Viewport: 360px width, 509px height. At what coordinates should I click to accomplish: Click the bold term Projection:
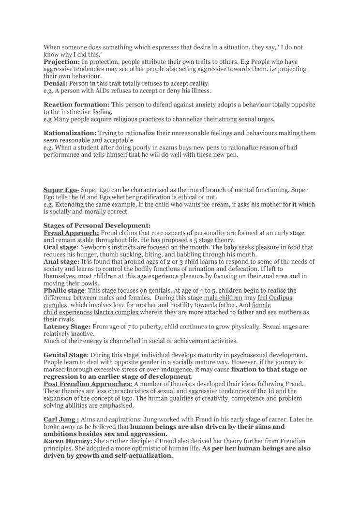pos(62,62)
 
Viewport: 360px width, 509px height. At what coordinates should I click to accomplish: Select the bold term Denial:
pos(55,83)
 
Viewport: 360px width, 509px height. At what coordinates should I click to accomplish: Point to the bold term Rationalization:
pos(70,133)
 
